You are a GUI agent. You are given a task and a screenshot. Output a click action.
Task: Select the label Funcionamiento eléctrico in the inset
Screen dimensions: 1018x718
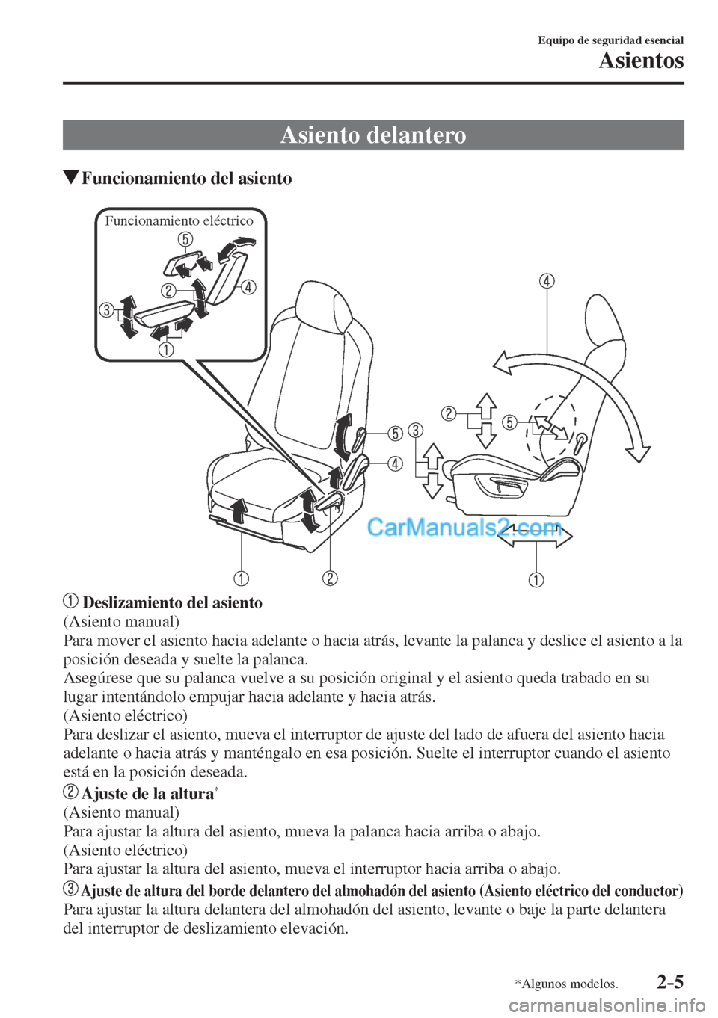[x=179, y=220]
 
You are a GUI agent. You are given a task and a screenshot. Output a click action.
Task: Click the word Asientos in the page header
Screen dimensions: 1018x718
[x=641, y=60]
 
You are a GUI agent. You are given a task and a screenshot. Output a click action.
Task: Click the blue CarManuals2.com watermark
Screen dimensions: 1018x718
[x=464, y=529]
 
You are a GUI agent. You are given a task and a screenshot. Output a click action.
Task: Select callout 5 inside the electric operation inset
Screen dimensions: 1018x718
[x=185, y=239]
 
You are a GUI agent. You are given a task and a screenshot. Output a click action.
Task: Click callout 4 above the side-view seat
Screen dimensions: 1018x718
[x=547, y=282]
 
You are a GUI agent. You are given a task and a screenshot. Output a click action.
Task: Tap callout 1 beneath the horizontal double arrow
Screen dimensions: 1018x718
[x=537, y=580]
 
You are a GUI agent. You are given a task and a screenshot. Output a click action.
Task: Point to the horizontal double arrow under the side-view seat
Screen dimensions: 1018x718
[x=537, y=536]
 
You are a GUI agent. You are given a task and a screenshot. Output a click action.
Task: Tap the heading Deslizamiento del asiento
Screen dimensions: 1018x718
[x=172, y=602]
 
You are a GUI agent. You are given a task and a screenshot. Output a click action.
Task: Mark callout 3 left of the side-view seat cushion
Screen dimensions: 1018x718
[x=417, y=429]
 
